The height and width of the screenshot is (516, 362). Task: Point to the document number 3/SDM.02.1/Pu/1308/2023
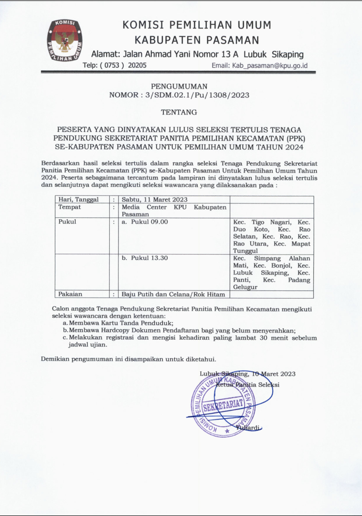click(x=195, y=95)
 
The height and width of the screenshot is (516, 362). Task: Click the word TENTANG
click(x=179, y=112)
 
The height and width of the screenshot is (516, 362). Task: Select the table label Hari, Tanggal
click(x=78, y=200)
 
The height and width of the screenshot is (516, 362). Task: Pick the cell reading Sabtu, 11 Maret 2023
click(x=154, y=200)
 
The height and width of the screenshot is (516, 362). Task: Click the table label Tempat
click(x=70, y=207)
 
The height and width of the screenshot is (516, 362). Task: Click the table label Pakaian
click(x=71, y=294)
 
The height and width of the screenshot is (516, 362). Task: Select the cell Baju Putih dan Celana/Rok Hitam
click(x=173, y=294)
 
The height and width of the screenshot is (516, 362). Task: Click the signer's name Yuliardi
click(x=248, y=428)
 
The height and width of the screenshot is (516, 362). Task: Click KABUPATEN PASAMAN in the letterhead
click(x=197, y=40)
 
